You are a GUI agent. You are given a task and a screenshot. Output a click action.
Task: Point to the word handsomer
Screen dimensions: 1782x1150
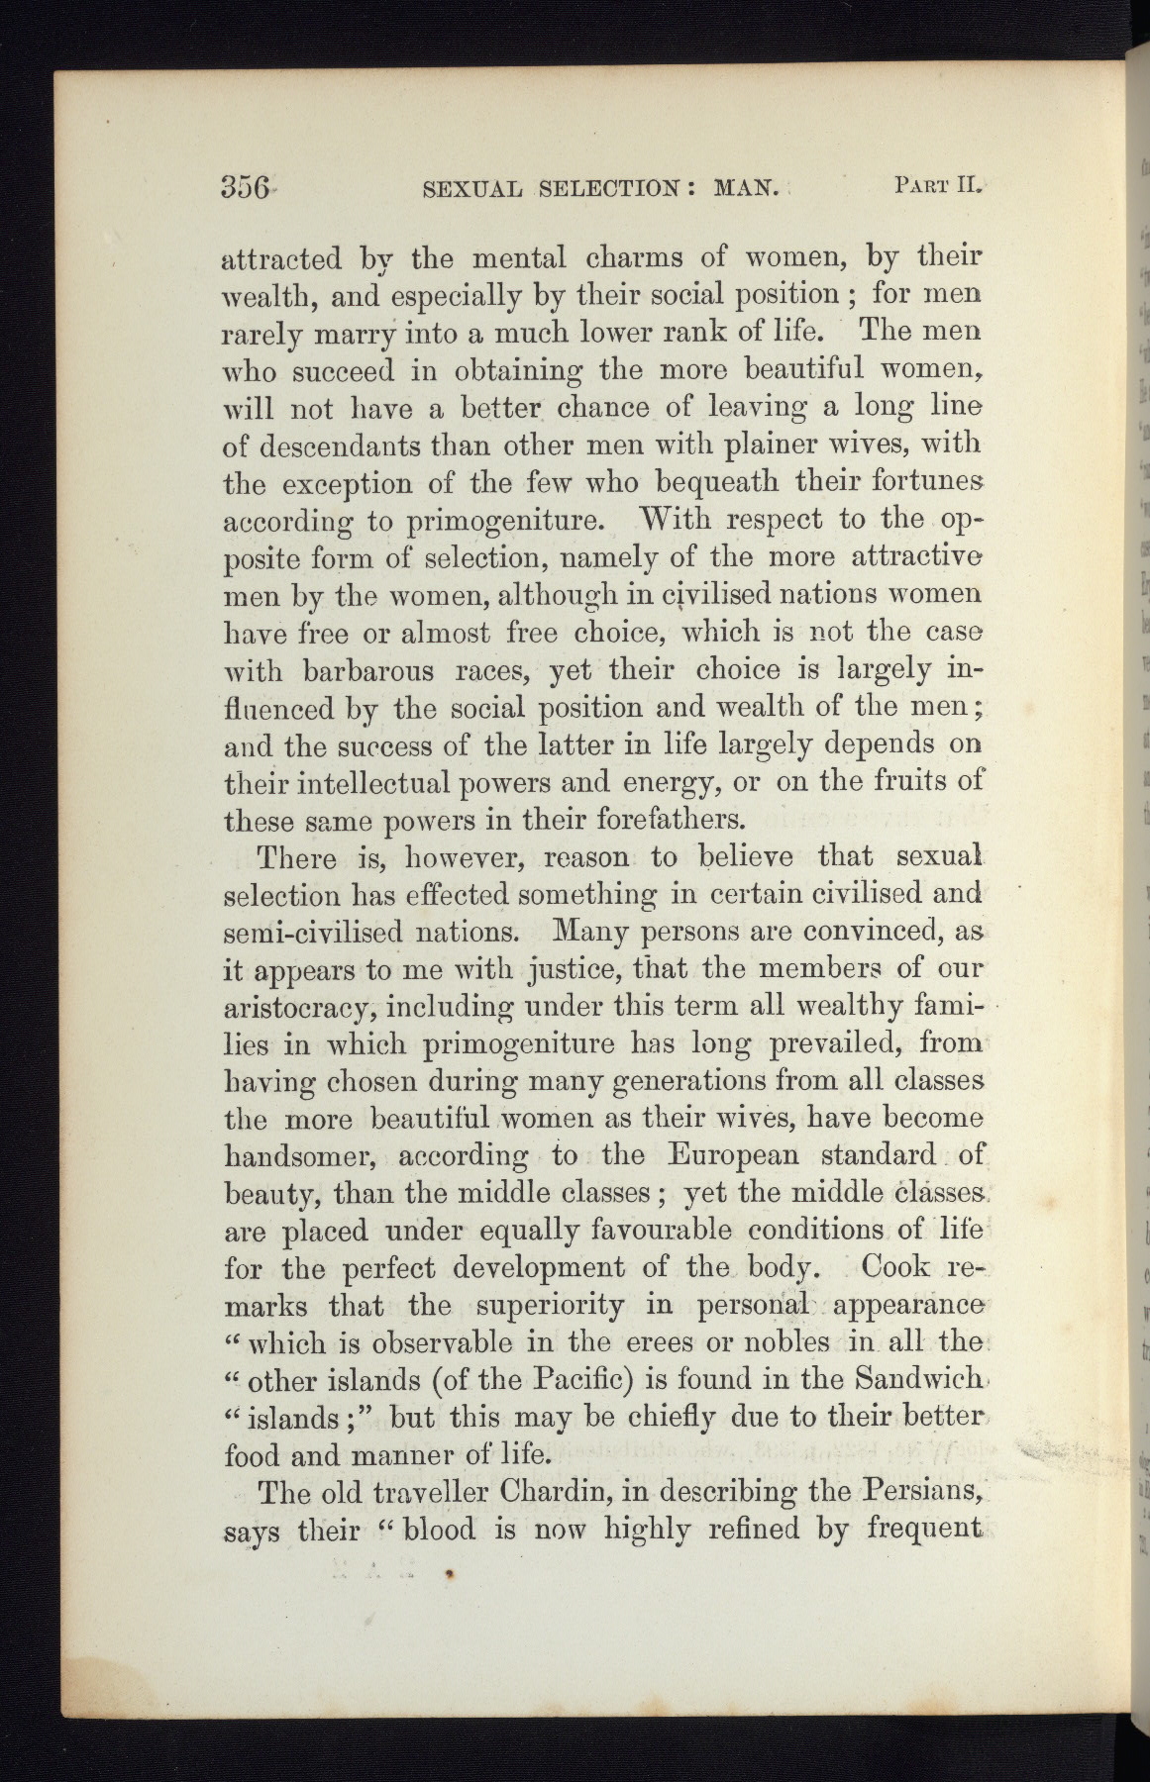click(x=302, y=1156)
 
